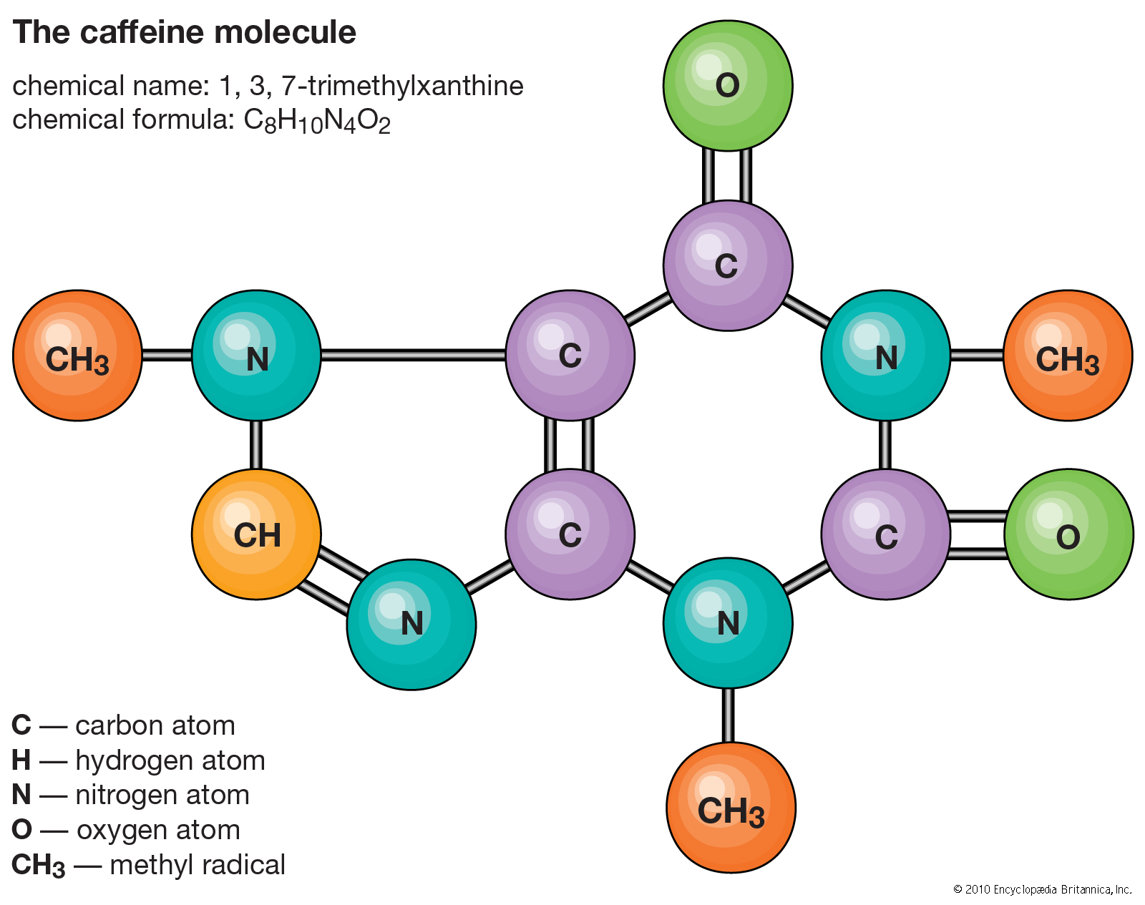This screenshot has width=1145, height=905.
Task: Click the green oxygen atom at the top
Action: (x=727, y=86)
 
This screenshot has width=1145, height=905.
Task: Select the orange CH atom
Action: (x=256, y=534)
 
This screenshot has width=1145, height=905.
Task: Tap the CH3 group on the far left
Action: (x=77, y=356)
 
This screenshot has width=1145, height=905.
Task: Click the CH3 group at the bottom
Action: (x=731, y=807)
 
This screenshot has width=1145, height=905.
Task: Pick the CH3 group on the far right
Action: (x=1067, y=356)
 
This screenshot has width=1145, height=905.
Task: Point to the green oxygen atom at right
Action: (x=1068, y=534)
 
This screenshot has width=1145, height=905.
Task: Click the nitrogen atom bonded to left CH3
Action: (x=256, y=356)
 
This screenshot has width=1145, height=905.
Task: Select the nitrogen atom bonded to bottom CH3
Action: (x=728, y=623)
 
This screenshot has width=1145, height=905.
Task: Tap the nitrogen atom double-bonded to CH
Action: (x=411, y=624)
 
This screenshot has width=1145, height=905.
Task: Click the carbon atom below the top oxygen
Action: (x=727, y=265)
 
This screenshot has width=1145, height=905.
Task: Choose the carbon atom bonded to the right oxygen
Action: (x=885, y=534)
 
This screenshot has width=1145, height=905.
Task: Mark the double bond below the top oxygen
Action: (x=727, y=176)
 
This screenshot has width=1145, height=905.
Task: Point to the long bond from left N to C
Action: (x=413, y=355)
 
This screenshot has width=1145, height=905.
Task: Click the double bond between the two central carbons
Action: (x=570, y=445)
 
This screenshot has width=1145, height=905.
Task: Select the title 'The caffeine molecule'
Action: (x=184, y=32)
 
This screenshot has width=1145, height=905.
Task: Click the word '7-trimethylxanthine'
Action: (x=402, y=86)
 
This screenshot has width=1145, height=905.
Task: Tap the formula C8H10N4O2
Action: (x=317, y=121)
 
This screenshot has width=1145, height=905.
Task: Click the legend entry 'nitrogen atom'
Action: (x=162, y=795)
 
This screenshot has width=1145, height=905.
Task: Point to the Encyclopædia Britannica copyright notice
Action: (x=1042, y=889)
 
